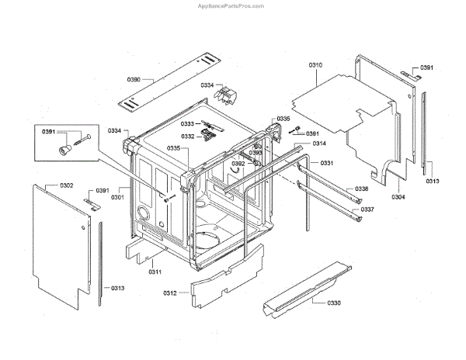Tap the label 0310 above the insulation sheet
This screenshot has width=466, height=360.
click(316, 67)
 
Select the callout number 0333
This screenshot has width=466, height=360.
click(188, 124)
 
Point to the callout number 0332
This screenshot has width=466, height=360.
click(188, 137)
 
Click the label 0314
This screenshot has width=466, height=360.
click(319, 144)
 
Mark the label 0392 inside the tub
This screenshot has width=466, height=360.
click(238, 164)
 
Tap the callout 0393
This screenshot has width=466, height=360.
click(255, 153)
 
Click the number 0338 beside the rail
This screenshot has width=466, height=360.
click(362, 189)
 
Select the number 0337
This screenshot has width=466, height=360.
click(367, 209)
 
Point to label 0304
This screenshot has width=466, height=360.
click(398, 197)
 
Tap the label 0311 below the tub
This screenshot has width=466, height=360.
click(155, 272)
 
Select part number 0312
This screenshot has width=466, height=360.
click(171, 292)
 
